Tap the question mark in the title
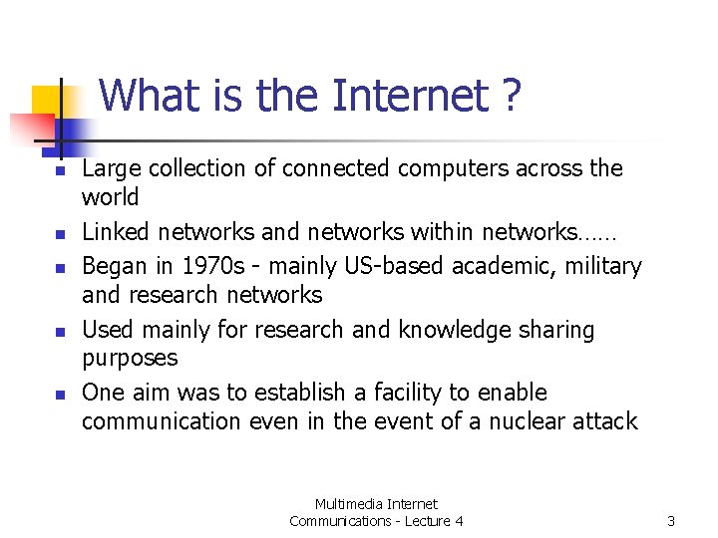(x=512, y=97)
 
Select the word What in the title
(x=153, y=97)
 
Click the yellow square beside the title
(x=47, y=102)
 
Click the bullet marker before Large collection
(x=59, y=172)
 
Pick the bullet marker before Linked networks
(x=59, y=236)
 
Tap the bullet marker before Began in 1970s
(x=59, y=270)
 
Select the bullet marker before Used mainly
(x=59, y=333)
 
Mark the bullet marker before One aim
(x=59, y=396)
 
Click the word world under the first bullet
(x=110, y=196)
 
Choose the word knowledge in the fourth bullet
(x=448, y=330)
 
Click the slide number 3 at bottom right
(x=671, y=521)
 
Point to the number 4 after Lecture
(x=459, y=521)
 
